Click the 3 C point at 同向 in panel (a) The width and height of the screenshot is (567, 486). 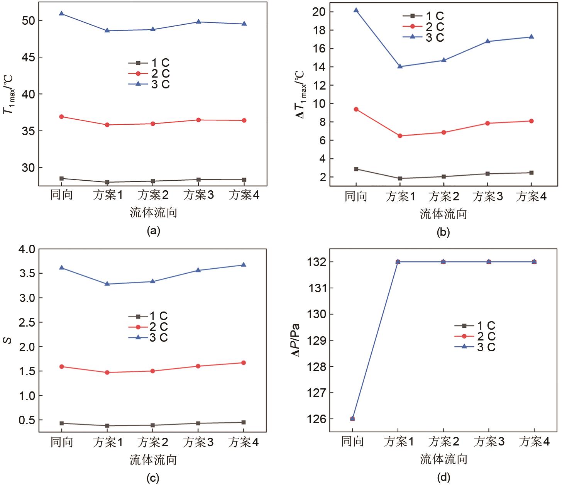tap(62, 14)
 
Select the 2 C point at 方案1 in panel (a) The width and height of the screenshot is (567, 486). tap(107, 125)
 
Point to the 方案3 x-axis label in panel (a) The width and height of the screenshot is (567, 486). tap(199, 195)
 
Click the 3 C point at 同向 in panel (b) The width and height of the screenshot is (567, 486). tap(356, 10)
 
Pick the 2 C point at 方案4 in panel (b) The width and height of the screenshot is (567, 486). tap(531, 121)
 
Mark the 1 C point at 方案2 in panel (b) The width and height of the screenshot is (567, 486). tap(443, 176)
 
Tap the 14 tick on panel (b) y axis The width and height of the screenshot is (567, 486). tap(321, 67)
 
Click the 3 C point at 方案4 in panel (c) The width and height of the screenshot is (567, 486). tap(244, 265)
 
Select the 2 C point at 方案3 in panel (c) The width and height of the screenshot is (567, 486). tap(198, 366)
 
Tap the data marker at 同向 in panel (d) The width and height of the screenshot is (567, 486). tap(352, 418)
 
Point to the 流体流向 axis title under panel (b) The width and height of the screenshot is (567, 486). tap(443, 214)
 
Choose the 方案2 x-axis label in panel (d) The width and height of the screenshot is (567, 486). tap(443, 442)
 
